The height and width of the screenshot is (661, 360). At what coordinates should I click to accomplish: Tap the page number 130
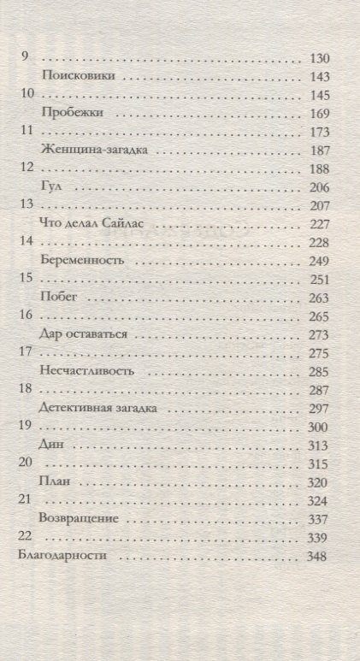tap(317, 57)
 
